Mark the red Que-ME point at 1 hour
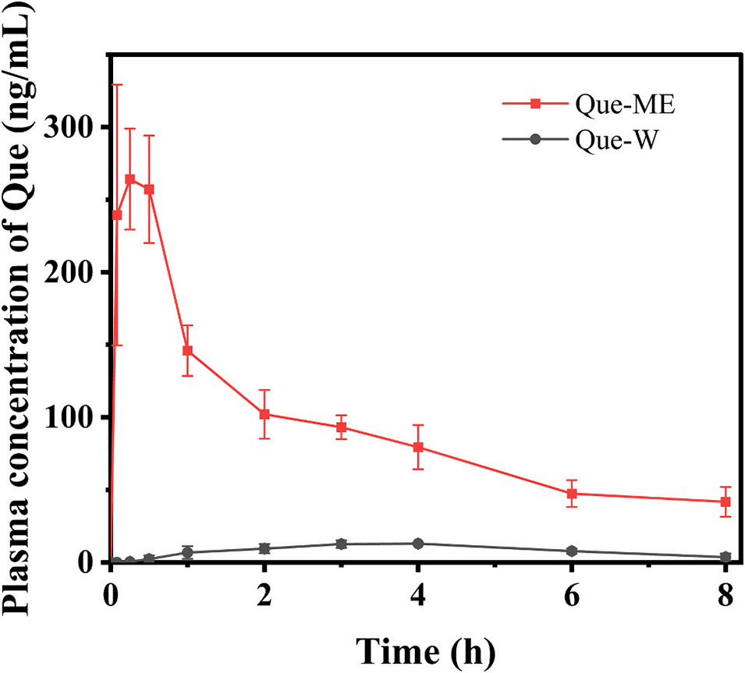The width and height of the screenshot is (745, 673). point(187,351)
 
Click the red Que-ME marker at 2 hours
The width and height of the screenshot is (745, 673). point(264,414)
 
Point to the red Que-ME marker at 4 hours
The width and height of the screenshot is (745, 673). point(418,448)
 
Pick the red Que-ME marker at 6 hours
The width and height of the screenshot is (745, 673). point(572,494)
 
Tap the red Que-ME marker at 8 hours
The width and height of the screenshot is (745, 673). point(725,501)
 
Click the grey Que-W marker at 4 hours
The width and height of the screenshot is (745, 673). point(418,544)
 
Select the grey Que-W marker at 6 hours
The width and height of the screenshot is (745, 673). point(572,551)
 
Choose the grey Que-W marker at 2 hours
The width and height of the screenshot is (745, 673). point(264,548)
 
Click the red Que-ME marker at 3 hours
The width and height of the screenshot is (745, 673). point(341,427)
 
